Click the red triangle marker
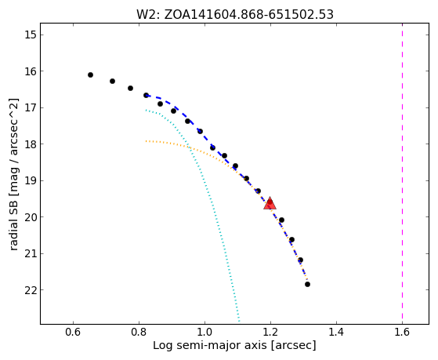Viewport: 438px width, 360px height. coord(270,203)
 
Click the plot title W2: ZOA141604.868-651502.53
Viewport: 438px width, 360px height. coord(235,15)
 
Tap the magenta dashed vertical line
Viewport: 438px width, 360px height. coord(402,173)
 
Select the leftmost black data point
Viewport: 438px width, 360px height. coord(90,75)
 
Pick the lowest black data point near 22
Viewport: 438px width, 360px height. coord(308,285)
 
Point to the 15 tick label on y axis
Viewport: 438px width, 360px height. coord(31,35)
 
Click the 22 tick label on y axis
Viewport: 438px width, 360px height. coord(31,290)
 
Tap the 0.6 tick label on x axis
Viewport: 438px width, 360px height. coord(73,332)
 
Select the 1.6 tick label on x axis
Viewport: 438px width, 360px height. coord(402,332)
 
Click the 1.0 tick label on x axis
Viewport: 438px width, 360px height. coord(205,332)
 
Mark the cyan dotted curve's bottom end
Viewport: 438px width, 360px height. coord(239,322)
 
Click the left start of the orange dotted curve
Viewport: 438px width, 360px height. coord(146,141)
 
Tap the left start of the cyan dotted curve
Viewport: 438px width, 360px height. coord(146,111)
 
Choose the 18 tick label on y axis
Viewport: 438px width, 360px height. coord(31,144)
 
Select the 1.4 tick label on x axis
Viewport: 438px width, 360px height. coord(336,332)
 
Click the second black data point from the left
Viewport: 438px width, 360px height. coord(112,81)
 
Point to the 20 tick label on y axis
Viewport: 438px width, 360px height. coord(31,217)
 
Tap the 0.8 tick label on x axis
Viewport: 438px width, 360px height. coord(139,332)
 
